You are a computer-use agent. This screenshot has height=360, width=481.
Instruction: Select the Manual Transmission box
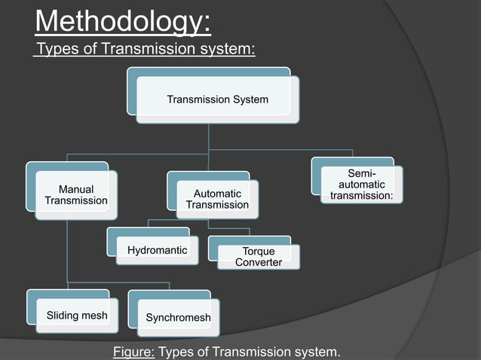click(x=75, y=195)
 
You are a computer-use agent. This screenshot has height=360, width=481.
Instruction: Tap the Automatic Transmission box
click(x=217, y=200)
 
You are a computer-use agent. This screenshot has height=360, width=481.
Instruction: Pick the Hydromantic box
click(x=157, y=250)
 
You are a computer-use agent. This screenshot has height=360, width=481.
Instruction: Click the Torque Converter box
click(x=259, y=257)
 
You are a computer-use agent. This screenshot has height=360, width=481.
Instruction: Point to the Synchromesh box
click(x=178, y=318)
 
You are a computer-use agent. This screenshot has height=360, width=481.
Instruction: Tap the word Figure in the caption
click(x=133, y=352)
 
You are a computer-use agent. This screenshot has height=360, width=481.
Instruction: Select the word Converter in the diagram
click(x=259, y=262)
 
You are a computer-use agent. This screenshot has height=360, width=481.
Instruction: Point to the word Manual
click(x=75, y=190)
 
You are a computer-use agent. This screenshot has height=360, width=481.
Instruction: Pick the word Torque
click(x=259, y=252)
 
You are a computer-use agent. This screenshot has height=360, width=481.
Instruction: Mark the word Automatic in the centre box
click(x=217, y=194)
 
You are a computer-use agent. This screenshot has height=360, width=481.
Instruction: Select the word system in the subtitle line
click(x=227, y=50)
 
